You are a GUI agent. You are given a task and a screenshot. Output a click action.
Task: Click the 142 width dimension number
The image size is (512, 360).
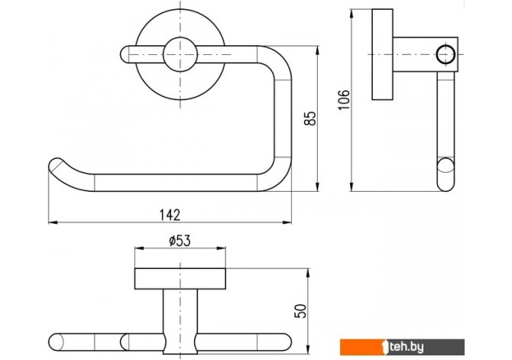pyautogui.click(x=170, y=215)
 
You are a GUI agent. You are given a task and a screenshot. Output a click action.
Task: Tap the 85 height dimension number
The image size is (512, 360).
pyautogui.click(x=310, y=118)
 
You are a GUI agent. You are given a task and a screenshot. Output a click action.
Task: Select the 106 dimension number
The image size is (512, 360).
pyautogui.click(x=344, y=99)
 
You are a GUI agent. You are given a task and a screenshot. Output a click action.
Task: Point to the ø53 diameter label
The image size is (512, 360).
pyautogui.click(x=180, y=241)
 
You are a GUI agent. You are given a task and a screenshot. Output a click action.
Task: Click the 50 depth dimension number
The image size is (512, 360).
pyautogui.click(x=300, y=311)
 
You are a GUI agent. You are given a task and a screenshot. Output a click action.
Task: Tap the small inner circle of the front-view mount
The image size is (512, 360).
pyautogui.click(x=180, y=54)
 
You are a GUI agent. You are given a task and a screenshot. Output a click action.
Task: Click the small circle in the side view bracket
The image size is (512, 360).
pyautogui.click(x=446, y=54)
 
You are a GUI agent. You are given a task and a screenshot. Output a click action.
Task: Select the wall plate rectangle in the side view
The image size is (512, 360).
pyautogui.click(x=382, y=54)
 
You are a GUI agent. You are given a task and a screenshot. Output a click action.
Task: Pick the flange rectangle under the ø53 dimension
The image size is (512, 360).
pyautogui.click(x=180, y=279)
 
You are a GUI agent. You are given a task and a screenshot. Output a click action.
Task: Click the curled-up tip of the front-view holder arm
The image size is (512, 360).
pyautogui.click(x=56, y=165)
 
